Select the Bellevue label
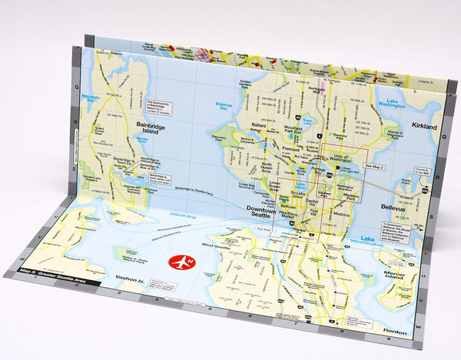[398, 206]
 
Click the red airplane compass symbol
[178, 260]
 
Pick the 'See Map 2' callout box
[375, 165]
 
